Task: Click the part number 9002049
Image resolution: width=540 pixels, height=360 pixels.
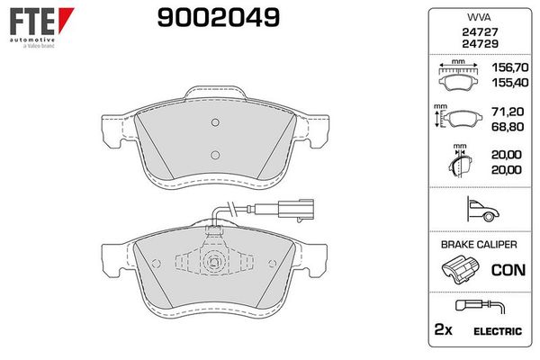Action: (219, 18)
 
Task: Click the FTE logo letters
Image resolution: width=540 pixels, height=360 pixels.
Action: (32, 22)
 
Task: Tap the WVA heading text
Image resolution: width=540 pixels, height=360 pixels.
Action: (479, 17)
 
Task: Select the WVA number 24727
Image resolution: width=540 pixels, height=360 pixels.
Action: (480, 32)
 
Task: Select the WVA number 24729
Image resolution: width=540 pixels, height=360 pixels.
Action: (480, 44)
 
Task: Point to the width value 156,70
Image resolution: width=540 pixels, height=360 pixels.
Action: (510, 67)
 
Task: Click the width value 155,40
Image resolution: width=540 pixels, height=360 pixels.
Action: (510, 83)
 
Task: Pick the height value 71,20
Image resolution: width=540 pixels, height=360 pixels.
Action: (508, 112)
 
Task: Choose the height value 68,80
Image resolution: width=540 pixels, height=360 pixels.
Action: (508, 127)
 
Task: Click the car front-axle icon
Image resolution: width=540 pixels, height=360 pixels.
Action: (482, 210)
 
